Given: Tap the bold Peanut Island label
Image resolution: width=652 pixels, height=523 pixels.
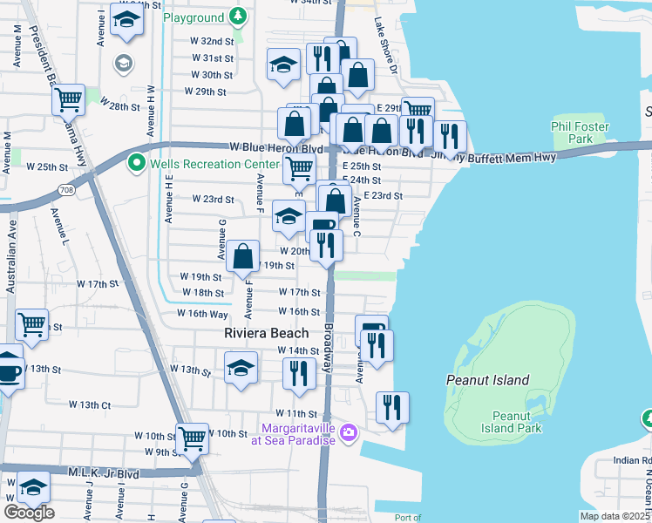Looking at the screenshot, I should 487,380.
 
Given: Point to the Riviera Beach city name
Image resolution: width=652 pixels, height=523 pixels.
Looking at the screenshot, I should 266,333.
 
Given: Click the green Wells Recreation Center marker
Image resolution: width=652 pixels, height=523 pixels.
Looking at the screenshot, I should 136,162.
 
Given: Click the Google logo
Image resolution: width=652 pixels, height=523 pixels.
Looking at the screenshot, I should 29,512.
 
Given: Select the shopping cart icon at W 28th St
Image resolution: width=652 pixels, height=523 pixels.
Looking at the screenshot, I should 68,99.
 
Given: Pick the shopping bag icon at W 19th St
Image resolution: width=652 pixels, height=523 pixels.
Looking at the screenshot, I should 244,256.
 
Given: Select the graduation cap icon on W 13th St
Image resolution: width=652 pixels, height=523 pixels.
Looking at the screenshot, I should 241,367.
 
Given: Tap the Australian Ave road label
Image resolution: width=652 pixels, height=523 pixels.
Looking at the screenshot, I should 11,261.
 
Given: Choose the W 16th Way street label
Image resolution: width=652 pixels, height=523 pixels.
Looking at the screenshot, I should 202,314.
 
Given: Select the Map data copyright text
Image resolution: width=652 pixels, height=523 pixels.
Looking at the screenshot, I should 614,516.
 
